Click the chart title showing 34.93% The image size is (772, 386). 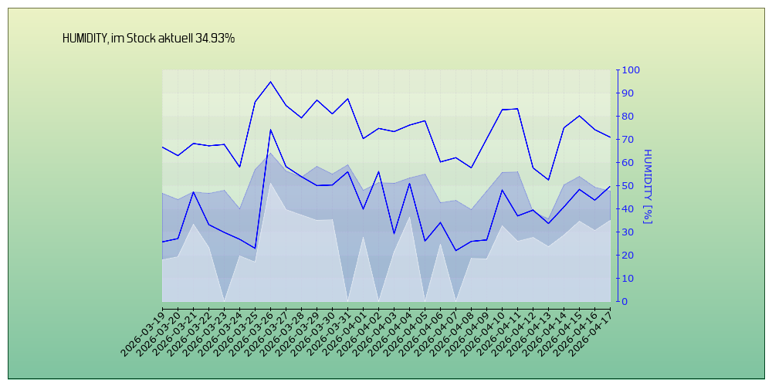[148, 38]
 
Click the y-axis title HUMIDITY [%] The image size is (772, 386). [648, 186]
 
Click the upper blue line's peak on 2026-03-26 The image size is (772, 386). [270, 82]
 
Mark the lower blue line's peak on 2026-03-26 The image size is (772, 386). [270, 129]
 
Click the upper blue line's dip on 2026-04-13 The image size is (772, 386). [548, 180]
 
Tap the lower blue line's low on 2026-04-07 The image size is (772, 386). [455, 250]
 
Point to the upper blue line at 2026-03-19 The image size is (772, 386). [163, 147]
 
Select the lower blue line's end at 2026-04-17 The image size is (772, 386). [610, 187]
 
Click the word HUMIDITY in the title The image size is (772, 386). [85, 38]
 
